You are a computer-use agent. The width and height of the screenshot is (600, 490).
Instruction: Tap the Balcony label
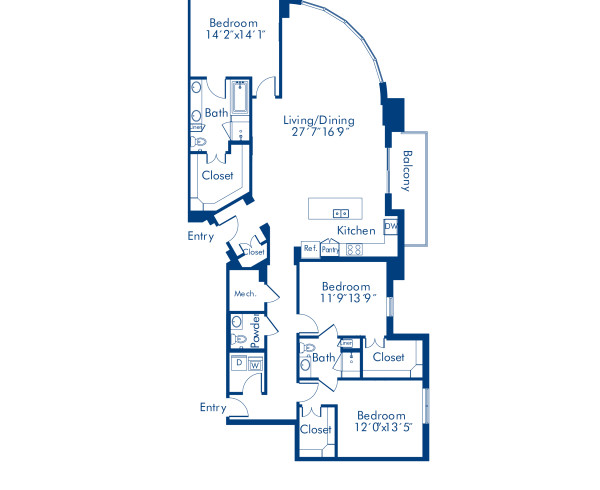408,170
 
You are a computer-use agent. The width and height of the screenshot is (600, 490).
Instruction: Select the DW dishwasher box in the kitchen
391,226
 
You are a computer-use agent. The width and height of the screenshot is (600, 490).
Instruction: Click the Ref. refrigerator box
310,248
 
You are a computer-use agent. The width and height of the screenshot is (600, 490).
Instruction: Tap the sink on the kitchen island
340,212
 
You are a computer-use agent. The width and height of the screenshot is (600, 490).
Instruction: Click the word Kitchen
356,231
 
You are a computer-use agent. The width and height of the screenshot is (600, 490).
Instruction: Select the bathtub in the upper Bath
240,98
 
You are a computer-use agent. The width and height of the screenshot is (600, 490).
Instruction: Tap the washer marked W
255,365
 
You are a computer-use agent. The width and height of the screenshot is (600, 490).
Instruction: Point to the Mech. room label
244,294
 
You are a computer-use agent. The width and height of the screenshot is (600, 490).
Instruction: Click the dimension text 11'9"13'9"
346,299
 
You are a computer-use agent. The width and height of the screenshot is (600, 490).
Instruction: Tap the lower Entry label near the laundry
212,407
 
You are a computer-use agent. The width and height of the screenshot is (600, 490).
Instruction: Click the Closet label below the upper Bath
218,175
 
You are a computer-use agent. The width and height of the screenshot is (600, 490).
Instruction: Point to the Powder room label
256,327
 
